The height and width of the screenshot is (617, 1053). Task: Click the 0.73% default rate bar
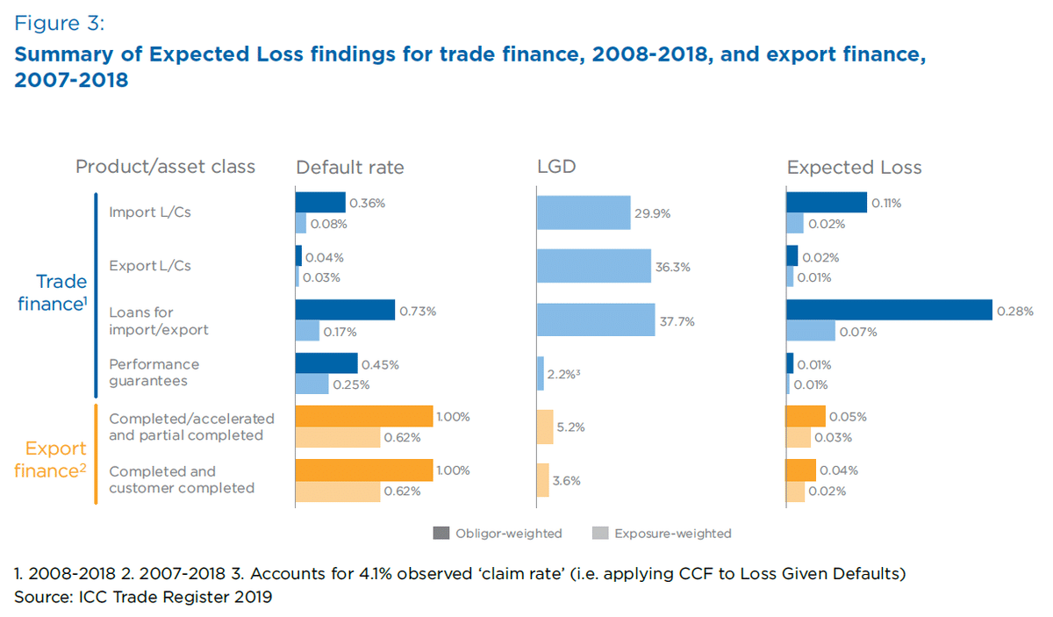tap(345, 310)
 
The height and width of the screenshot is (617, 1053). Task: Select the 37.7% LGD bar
tap(596, 320)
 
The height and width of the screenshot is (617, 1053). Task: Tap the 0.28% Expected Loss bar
tap(889, 310)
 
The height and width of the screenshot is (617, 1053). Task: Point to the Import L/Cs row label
tap(150, 212)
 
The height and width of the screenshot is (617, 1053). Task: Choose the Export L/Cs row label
tap(150, 265)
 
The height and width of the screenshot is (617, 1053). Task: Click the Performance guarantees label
tap(154, 373)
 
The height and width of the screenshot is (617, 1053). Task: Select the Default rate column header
tap(350, 167)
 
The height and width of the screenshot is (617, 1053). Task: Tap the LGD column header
tap(556, 167)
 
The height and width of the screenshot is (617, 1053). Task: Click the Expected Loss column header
tap(854, 167)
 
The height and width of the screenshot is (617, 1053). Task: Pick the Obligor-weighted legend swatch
tap(441, 533)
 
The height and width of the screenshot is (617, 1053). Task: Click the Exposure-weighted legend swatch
tap(599, 533)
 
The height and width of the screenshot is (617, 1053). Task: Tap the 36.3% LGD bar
tap(594, 266)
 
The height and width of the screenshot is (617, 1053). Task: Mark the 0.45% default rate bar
tap(326, 363)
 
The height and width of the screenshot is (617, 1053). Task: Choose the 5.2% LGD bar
tap(545, 427)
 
